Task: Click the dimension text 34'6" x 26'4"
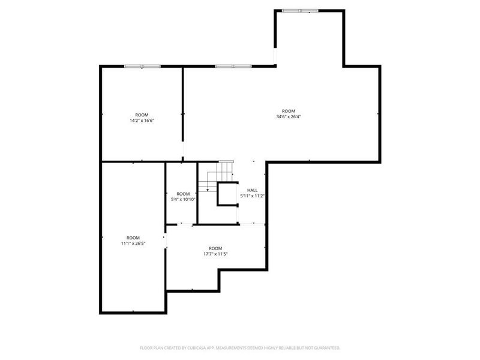click(289, 117)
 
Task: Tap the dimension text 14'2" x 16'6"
click(142, 121)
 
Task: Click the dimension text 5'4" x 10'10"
click(183, 199)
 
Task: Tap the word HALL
click(253, 190)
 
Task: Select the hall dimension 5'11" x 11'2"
click(253, 196)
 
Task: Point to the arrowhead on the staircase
click(207, 190)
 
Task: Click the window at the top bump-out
click(301, 10)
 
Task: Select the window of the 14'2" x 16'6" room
click(142, 65)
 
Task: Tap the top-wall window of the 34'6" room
click(233, 65)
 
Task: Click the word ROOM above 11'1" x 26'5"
click(133, 238)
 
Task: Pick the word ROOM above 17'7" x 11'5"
click(215, 248)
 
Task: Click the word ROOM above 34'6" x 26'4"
click(289, 111)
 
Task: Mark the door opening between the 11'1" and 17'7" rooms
click(166, 240)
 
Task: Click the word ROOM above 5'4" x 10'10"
click(183, 193)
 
